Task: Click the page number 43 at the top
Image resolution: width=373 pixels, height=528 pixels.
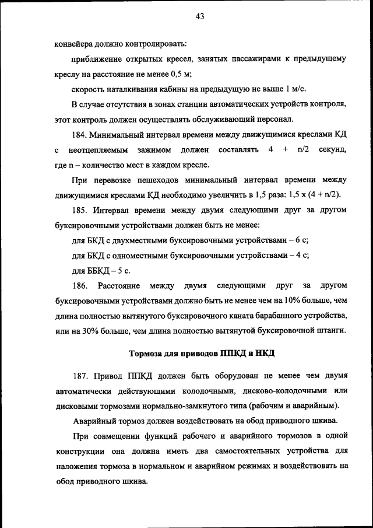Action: (x=199, y=17)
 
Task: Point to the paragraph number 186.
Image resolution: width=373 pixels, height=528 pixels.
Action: (x=81, y=286)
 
